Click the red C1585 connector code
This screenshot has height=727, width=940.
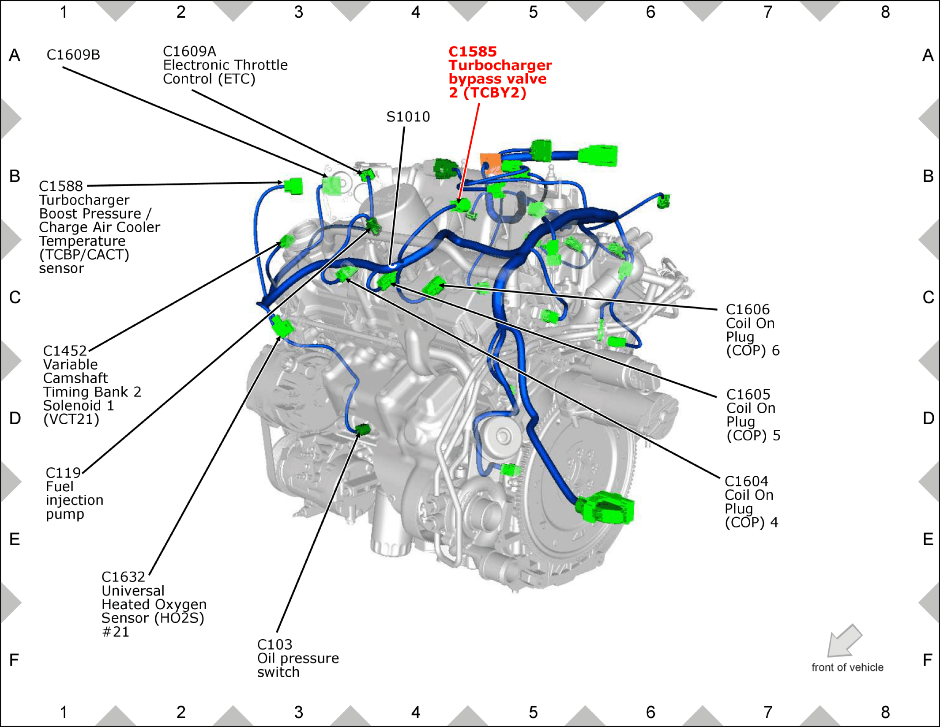click(x=473, y=52)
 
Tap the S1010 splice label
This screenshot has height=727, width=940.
click(x=408, y=117)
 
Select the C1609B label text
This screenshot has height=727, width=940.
click(x=73, y=55)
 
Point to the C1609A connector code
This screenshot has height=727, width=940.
click(x=189, y=51)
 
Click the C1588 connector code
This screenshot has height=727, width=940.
click(x=61, y=186)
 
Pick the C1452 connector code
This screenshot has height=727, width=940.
click(x=65, y=351)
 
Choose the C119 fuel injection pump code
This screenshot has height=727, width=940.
click(x=63, y=473)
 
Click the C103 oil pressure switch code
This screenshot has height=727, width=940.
click(x=274, y=644)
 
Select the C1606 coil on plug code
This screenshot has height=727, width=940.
click(x=748, y=309)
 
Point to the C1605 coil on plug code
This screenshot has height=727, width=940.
click(x=748, y=394)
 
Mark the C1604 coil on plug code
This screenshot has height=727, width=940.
click(x=746, y=481)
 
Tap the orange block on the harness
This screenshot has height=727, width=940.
click(x=490, y=162)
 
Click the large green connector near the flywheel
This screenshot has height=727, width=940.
click(x=605, y=508)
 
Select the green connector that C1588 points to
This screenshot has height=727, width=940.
click(x=293, y=186)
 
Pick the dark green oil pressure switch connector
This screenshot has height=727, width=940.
click(x=363, y=429)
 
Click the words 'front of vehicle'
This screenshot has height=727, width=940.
click(x=847, y=667)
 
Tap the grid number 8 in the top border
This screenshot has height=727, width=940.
click(x=885, y=12)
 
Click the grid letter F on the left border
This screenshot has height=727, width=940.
click(x=14, y=660)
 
